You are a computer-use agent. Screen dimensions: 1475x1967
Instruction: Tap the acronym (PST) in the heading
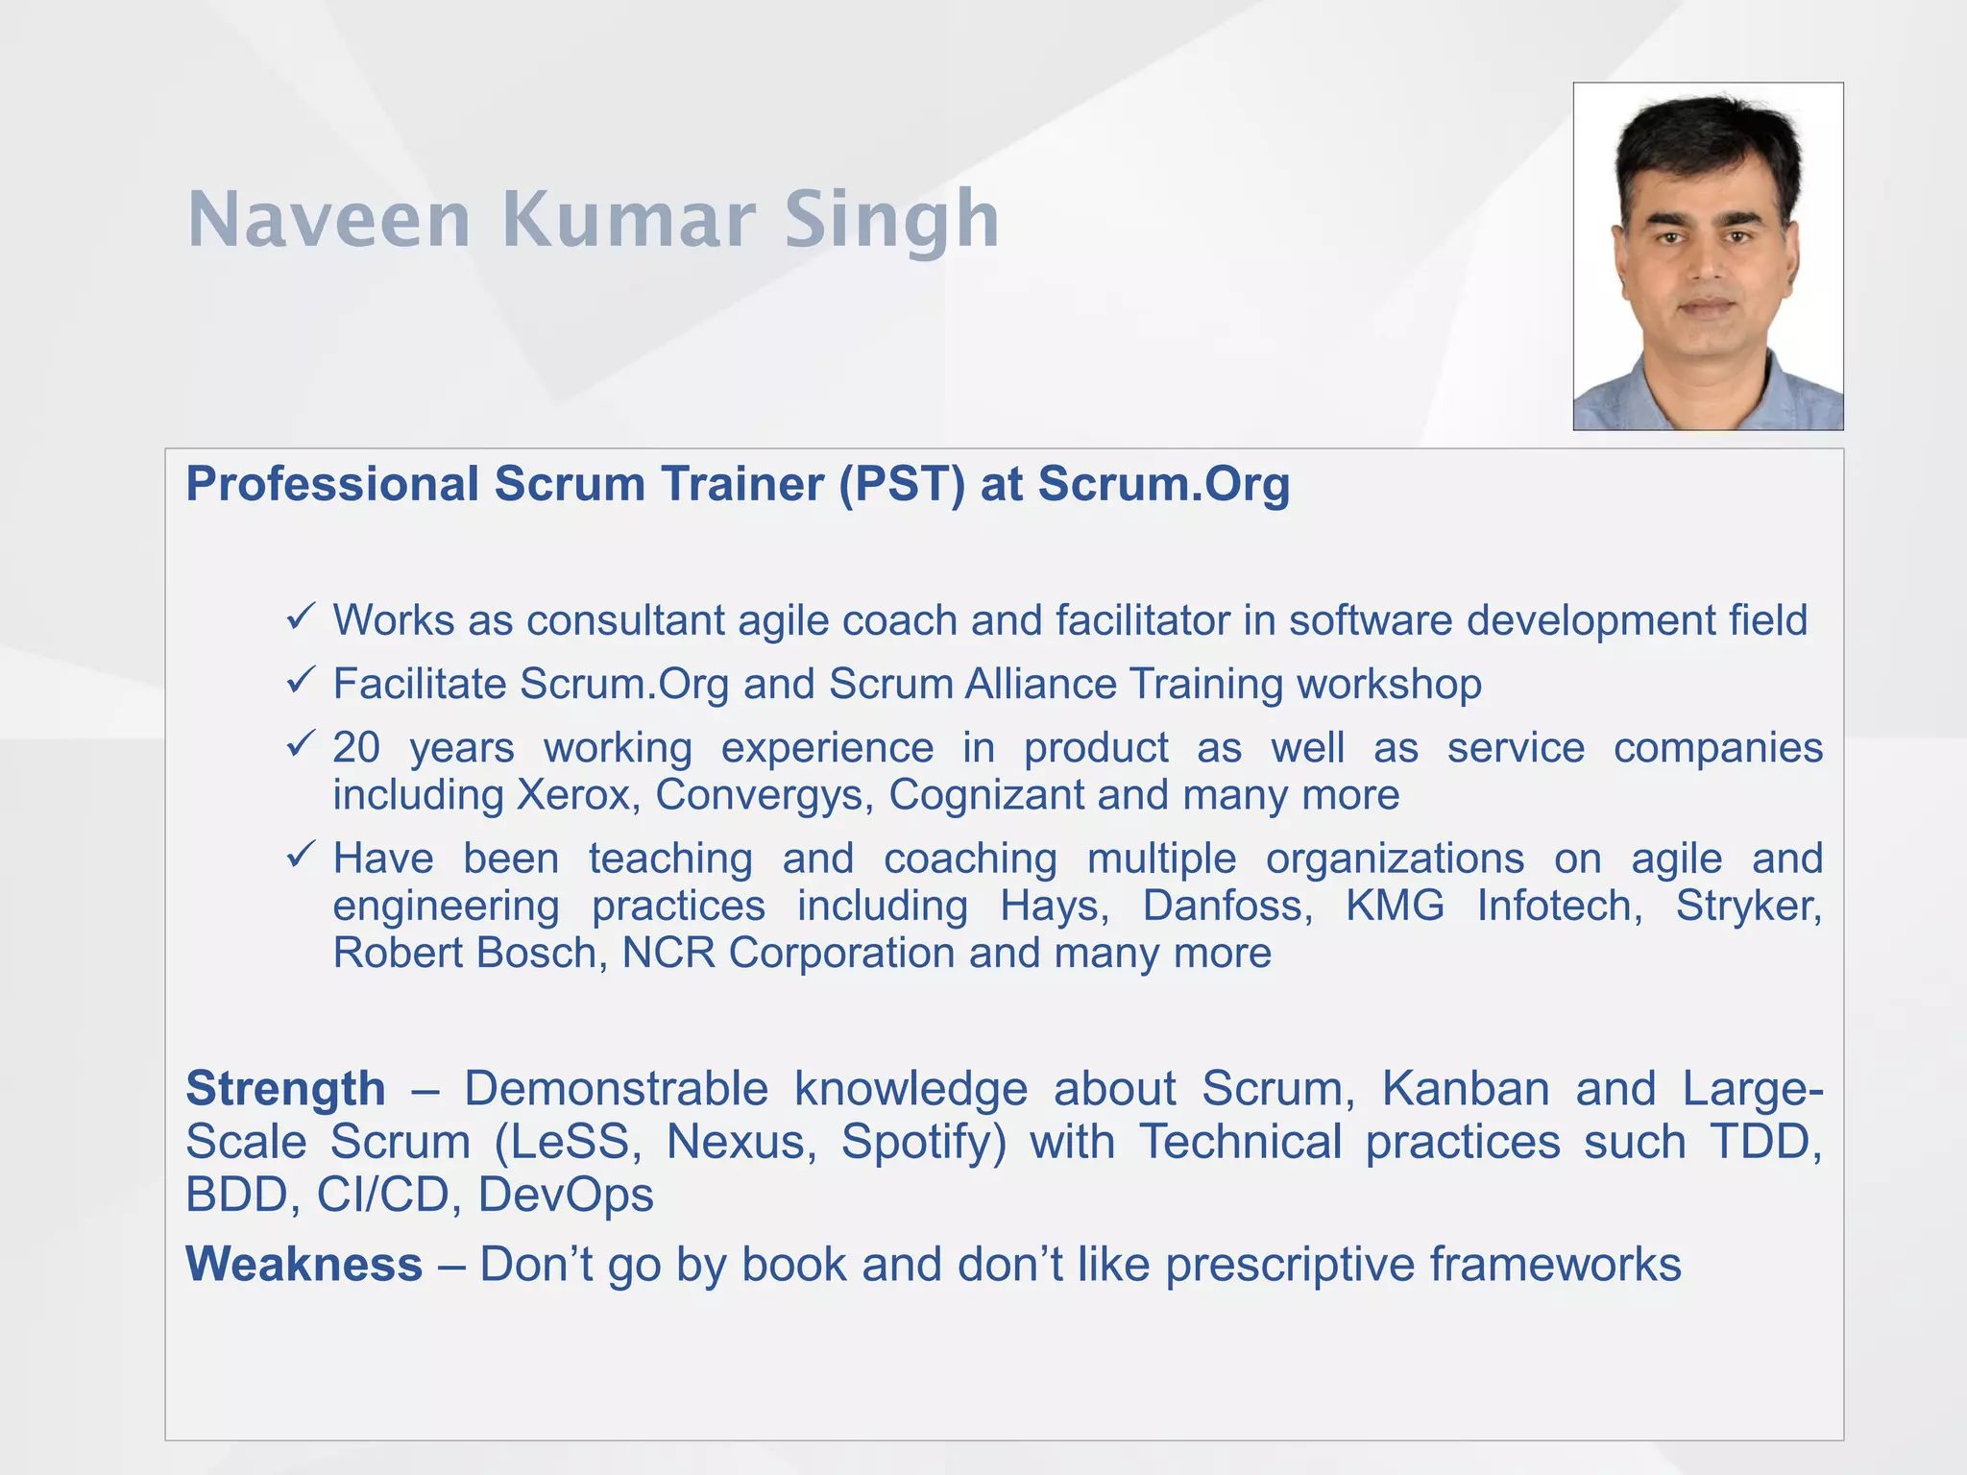tap(901, 484)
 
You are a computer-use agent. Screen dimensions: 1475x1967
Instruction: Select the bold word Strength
tap(285, 1089)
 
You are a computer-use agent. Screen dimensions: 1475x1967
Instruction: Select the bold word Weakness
tap(304, 1264)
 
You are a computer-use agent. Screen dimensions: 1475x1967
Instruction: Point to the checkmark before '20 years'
tap(301, 743)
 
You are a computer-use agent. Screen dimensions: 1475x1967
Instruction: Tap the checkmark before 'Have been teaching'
tap(301, 854)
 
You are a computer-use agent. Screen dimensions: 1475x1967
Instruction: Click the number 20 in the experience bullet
tap(356, 748)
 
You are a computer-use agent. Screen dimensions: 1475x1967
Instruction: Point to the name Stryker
tap(1748, 906)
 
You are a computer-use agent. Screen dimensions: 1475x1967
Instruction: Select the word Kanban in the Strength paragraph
tap(1466, 1089)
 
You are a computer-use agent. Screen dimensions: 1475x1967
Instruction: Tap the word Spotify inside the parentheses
tap(922, 1143)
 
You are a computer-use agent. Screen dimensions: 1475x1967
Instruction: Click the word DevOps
tap(566, 1196)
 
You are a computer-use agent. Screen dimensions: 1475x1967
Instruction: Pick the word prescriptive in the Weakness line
tap(1290, 1265)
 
